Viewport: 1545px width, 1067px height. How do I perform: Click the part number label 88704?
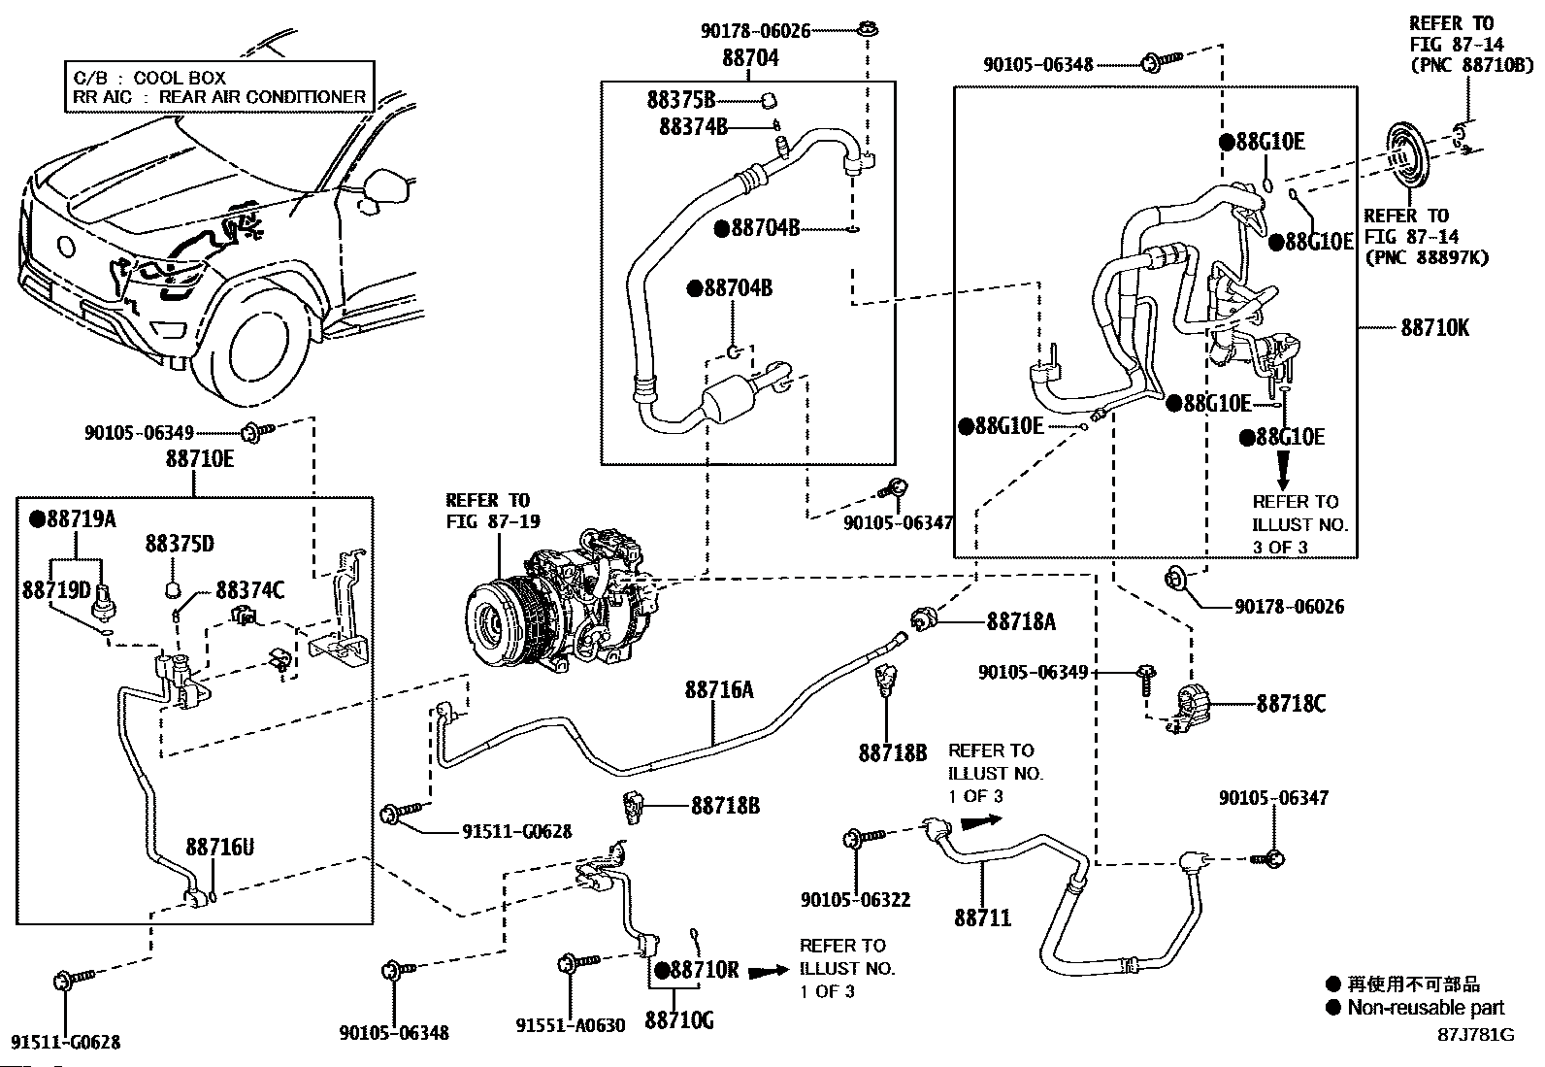750,58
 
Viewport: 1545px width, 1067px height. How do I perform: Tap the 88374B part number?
693,126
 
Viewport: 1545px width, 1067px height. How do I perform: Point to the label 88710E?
200,458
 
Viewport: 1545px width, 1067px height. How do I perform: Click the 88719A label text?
73,519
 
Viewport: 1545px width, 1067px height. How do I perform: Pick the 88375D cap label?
180,544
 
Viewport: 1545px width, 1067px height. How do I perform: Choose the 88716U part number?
220,847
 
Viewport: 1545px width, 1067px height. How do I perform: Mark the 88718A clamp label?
1021,621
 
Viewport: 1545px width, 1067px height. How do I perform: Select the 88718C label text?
1291,704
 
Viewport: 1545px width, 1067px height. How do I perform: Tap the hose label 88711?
982,917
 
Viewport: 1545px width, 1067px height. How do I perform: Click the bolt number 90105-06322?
856,900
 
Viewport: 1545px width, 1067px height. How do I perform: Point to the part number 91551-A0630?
571,1025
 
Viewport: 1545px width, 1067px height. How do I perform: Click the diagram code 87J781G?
1475,1034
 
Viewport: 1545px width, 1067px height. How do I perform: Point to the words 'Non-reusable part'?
1426,1008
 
